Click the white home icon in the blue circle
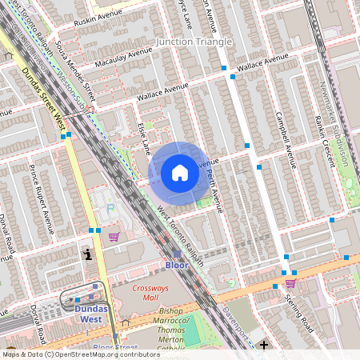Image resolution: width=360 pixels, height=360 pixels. coord(179,173)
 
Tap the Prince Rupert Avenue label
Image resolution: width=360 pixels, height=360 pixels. coord(41,194)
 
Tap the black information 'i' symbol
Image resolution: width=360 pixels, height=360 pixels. coord(87,254)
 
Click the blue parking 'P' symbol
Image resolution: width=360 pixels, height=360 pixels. coord(110,210)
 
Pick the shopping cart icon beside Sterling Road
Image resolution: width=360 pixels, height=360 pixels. coord(290,283)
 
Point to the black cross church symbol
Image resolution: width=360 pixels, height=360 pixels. coord(263,346)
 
